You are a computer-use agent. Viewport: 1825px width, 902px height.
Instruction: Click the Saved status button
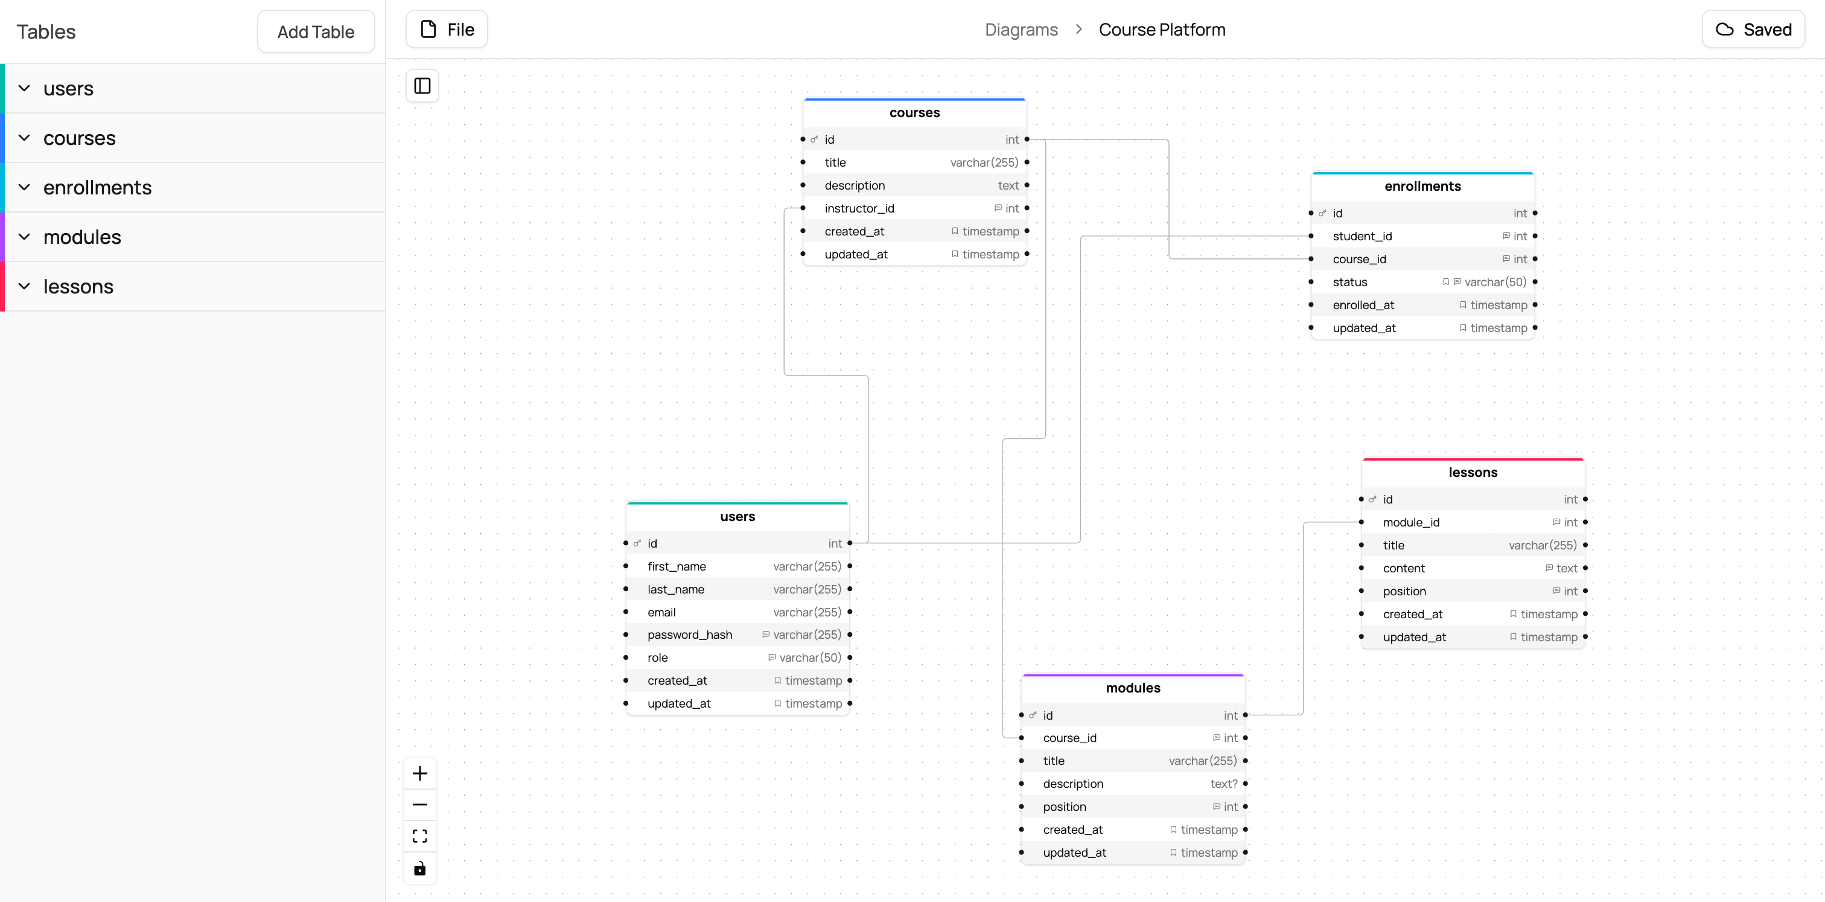1753,30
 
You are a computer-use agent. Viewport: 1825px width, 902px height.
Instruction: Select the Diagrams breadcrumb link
1021,30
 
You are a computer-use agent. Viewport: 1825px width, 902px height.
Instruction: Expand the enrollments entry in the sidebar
97,188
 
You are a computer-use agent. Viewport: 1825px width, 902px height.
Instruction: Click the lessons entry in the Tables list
78,287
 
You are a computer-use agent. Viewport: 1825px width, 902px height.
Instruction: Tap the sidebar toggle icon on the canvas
422,86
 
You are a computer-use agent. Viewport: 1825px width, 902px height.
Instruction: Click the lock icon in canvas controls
420,869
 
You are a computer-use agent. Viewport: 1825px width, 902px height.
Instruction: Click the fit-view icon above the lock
420,837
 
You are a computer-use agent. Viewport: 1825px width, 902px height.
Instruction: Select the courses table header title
914,113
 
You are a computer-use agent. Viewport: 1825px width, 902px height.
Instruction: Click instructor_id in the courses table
859,208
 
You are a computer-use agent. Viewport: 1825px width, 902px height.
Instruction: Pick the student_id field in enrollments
1362,237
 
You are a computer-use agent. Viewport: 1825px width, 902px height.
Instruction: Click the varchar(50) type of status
1495,282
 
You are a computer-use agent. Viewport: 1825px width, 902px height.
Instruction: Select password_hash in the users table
689,635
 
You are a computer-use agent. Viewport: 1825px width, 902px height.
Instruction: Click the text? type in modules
1223,784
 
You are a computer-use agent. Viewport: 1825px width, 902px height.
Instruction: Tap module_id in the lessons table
1410,523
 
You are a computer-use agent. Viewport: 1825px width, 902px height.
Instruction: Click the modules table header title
1132,688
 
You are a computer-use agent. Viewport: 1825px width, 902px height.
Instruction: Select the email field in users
661,612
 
